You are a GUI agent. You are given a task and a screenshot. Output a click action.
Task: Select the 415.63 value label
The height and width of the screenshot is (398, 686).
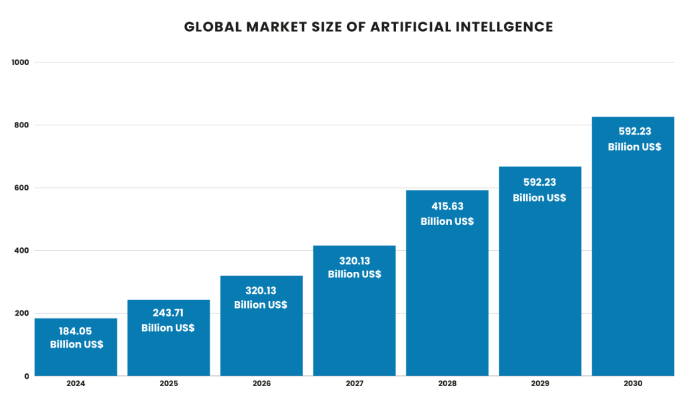pyautogui.click(x=447, y=206)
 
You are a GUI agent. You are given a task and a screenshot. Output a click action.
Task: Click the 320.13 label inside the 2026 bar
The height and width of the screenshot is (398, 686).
pyautogui.click(x=261, y=290)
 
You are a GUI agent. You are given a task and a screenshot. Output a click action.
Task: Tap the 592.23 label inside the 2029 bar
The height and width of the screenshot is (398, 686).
pyautogui.click(x=539, y=182)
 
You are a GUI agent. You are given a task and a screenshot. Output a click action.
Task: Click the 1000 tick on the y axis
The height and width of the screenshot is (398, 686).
pyautogui.click(x=21, y=62)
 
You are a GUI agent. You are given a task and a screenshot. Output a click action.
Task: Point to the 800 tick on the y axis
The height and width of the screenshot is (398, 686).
pyautogui.click(x=23, y=125)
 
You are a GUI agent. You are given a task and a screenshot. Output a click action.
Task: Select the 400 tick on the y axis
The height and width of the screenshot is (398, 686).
pyautogui.click(x=23, y=251)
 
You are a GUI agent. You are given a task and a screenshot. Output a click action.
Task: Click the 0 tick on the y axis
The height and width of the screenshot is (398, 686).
pyautogui.click(x=27, y=376)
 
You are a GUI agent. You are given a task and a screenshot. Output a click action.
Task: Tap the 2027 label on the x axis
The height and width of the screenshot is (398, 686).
pyautogui.click(x=354, y=384)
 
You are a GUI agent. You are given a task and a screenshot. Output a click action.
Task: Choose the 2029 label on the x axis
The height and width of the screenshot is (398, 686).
pyautogui.click(x=539, y=384)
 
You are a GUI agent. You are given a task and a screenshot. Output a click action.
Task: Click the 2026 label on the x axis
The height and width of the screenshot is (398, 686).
pyautogui.click(x=261, y=384)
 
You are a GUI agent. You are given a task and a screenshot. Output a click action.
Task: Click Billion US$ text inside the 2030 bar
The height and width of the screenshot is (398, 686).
pyautogui.click(x=634, y=147)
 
